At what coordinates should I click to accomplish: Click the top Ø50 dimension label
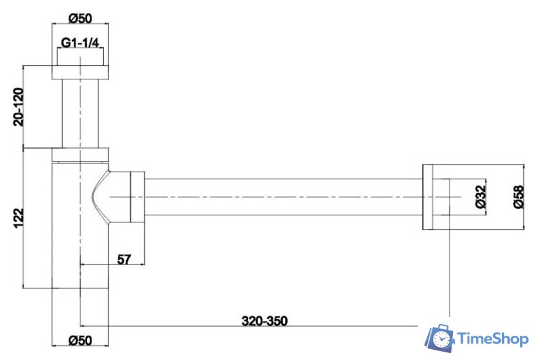[80, 18]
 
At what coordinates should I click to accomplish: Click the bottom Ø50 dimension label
[80, 340]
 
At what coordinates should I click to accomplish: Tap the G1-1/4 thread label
[80, 42]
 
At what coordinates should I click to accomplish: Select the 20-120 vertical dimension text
[19, 107]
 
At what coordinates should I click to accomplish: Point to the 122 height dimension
[19, 218]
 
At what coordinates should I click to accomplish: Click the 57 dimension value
[124, 259]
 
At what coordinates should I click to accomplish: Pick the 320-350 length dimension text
[265, 321]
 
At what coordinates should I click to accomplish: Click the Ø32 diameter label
[481, 197]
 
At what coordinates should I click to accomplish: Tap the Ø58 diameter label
[519, 197]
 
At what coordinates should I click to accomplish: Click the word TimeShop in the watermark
[493, 339]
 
